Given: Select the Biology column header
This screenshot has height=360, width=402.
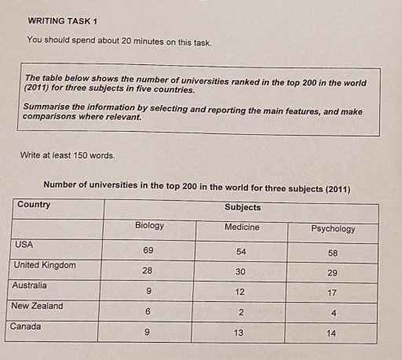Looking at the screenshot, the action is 149,226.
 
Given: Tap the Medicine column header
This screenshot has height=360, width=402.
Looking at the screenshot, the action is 242,227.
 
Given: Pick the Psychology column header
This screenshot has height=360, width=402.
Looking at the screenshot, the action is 333,229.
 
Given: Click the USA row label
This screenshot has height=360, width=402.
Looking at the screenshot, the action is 24,245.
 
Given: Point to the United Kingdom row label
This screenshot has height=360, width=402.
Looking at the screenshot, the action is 45,265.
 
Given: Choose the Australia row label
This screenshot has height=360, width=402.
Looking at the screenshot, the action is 30,285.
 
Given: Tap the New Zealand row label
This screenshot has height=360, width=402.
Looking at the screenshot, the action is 38,306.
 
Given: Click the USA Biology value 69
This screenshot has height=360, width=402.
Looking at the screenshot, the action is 148,249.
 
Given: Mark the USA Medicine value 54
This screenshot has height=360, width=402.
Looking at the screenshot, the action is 241,251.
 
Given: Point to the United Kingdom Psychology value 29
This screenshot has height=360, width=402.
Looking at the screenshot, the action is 333,273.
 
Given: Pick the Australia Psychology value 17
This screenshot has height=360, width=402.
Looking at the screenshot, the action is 333,293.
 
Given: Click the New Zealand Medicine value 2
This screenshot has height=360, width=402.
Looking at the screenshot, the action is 240,312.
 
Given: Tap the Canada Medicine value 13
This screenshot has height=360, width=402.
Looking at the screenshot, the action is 240,333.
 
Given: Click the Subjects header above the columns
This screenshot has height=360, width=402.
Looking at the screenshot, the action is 243,208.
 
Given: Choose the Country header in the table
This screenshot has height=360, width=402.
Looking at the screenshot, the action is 34,205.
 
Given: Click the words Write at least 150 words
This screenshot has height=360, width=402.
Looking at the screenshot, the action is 68,155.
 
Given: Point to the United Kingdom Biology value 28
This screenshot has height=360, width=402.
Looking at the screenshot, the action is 148,271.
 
